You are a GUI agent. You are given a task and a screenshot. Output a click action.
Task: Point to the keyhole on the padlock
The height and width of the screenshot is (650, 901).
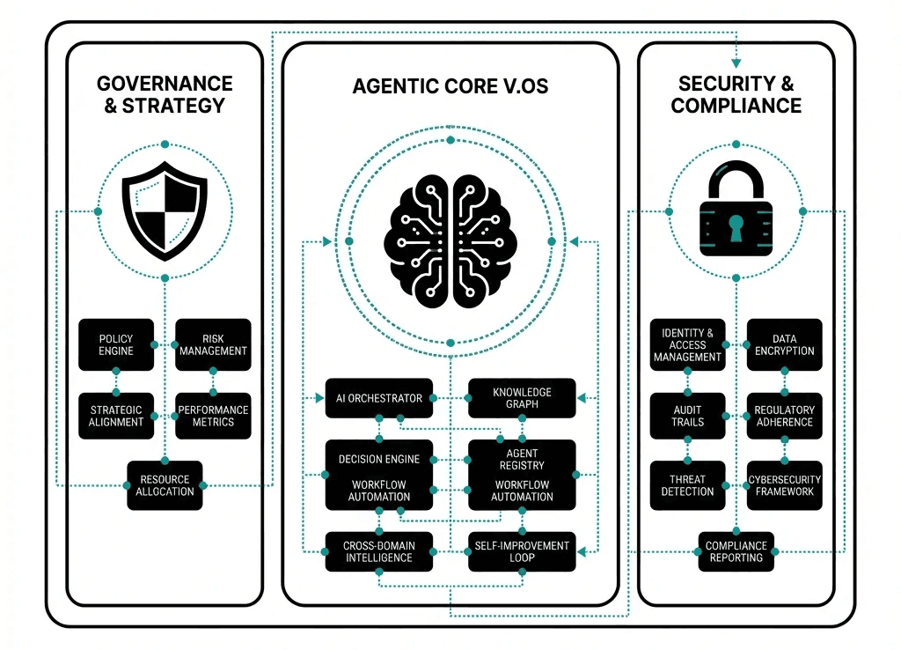coord(736,228)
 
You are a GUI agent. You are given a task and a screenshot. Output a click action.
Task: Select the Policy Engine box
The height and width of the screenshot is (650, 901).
coord(116,344)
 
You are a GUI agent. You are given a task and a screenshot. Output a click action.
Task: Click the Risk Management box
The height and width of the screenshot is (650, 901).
coord(213,344)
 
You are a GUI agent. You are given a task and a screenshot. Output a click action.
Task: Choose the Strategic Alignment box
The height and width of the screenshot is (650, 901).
coord(116,416)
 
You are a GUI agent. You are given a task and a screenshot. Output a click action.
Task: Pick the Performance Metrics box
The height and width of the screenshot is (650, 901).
coord(213,416)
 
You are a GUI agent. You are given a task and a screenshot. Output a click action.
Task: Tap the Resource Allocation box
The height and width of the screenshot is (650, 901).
coord(165,485)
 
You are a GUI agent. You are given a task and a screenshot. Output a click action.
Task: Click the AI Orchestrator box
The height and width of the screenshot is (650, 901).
coord(379,398)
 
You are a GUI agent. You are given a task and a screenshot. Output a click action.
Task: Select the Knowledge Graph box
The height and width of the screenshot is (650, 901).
coord(522,398)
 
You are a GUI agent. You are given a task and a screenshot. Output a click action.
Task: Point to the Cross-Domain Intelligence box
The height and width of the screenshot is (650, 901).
coord(379,551)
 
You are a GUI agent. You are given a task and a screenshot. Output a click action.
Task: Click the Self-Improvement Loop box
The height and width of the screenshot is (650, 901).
coord(522,551)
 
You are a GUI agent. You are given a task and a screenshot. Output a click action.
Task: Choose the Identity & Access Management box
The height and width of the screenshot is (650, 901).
coord(688,344)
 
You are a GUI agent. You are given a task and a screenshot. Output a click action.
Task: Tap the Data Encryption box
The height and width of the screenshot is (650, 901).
coord(784,344)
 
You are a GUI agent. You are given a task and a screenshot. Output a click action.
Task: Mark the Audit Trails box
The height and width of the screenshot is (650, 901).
coord(688,416)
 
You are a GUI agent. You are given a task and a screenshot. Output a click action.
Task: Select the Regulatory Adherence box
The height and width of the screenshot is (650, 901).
coord(784,416)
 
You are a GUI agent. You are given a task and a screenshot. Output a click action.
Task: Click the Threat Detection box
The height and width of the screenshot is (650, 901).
coord(688,485)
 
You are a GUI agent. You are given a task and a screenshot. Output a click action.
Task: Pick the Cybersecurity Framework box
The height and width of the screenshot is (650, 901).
coord(784,485)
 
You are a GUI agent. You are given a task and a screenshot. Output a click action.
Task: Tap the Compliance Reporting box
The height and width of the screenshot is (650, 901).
coord(736,551)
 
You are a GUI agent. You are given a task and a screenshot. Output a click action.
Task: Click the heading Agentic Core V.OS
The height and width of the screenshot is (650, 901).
coord(450,86)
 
